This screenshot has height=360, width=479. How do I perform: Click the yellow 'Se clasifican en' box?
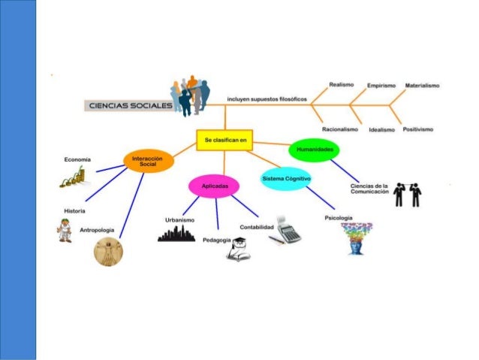coord(224,140)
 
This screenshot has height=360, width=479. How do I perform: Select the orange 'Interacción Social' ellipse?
coord(148,161)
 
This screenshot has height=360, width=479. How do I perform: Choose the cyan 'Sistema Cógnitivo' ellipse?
coord(285,178)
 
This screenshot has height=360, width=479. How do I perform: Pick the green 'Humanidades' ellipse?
coord(314,150)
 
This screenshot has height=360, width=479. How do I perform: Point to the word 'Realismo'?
coord(342,84)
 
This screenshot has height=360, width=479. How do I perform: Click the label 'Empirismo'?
coord(381,85)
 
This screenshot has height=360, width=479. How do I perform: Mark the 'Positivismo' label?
coord(417,129)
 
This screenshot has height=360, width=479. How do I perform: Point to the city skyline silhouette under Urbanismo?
coord(176,234)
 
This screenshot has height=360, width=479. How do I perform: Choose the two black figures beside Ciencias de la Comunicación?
coord(407,194)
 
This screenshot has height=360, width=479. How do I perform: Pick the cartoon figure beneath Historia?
coord(65,230)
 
